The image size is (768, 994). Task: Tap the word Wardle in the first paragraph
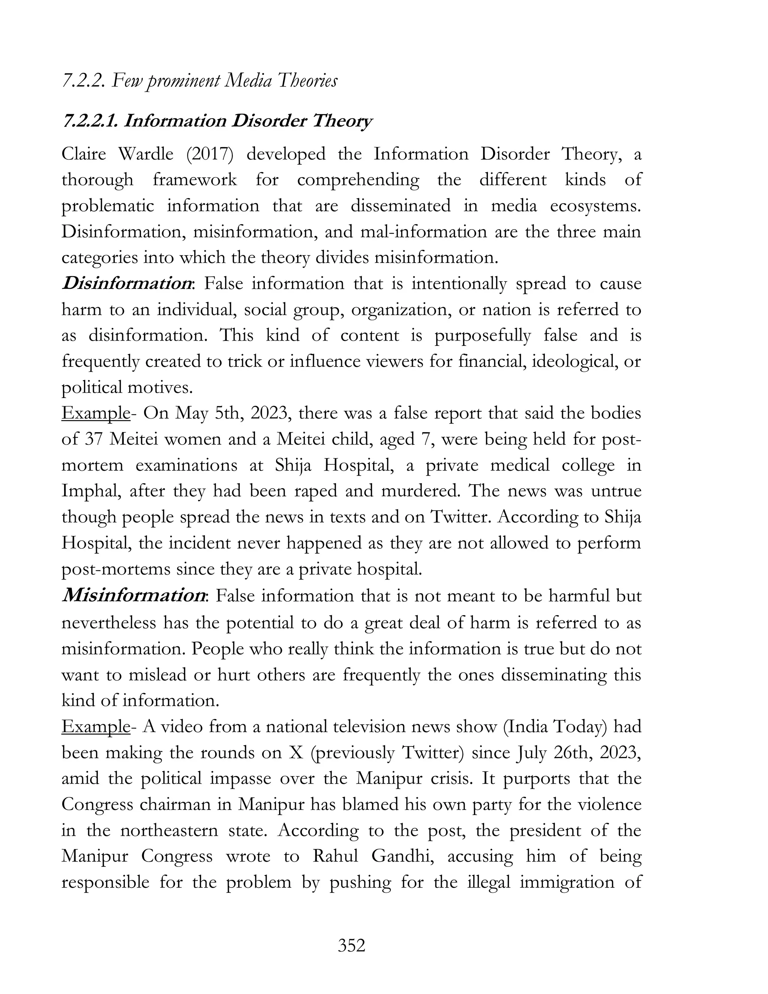(x=145, y=154)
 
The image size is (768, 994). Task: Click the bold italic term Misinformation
(x=133, y=595)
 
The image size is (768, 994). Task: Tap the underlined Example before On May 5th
(x=96, y=413)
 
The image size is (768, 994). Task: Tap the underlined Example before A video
(x=96, y=727)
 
